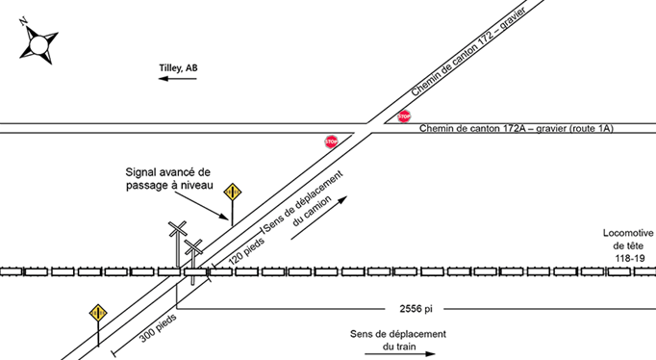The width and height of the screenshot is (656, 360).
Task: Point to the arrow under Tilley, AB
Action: coord(178,81)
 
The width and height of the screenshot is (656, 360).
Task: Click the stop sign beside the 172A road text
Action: coord(404,116)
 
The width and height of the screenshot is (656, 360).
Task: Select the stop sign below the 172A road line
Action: coord(332,141)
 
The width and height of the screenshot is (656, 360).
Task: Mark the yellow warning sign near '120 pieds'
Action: coord(231,192)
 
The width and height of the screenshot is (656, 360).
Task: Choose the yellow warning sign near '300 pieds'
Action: coord(97,313)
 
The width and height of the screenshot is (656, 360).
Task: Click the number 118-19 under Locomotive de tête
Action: coord(626,259)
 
